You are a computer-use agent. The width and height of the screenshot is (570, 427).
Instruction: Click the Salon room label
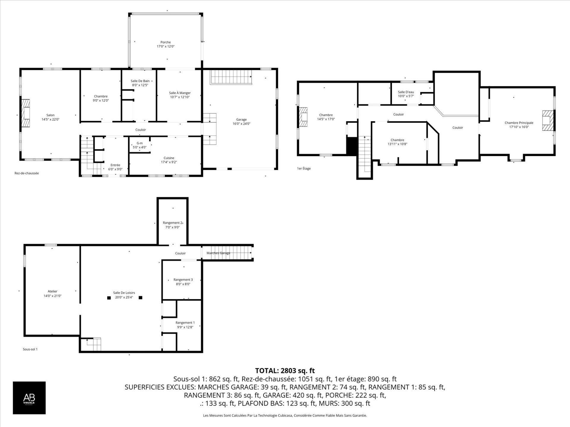[50, 115]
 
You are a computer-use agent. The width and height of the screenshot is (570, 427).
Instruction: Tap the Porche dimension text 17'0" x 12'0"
[166, 47]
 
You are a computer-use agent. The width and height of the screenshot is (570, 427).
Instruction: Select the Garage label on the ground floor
[241, 120]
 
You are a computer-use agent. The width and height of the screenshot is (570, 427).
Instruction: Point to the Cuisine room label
[169, 158]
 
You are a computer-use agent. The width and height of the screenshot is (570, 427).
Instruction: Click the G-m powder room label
[140, 143]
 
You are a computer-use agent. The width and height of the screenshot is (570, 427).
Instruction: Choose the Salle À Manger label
[180, 93]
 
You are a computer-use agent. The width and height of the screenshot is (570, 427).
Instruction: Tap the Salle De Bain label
[140, 81]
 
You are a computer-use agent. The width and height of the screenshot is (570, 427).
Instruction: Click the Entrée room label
[115, 165]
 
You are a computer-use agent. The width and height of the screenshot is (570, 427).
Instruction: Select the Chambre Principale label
[519, 123]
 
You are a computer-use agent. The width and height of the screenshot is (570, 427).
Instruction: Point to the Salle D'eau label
[406, 92]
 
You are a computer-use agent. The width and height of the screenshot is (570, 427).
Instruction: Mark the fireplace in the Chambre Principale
[548, 120]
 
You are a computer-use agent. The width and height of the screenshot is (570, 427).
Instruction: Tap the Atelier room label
[53, 291]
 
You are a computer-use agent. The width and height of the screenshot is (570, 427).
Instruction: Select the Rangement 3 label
[183, 280]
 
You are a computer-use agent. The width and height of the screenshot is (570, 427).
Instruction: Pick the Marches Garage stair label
[218, 253]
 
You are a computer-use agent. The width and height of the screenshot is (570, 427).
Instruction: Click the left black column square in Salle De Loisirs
[109, 298]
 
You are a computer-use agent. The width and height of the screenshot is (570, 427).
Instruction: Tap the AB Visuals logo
[29, 398]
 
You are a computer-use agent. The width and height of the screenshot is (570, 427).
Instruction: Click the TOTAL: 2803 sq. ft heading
[285, 371]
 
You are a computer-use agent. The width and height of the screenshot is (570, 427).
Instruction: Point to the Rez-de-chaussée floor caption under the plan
[27, 173]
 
